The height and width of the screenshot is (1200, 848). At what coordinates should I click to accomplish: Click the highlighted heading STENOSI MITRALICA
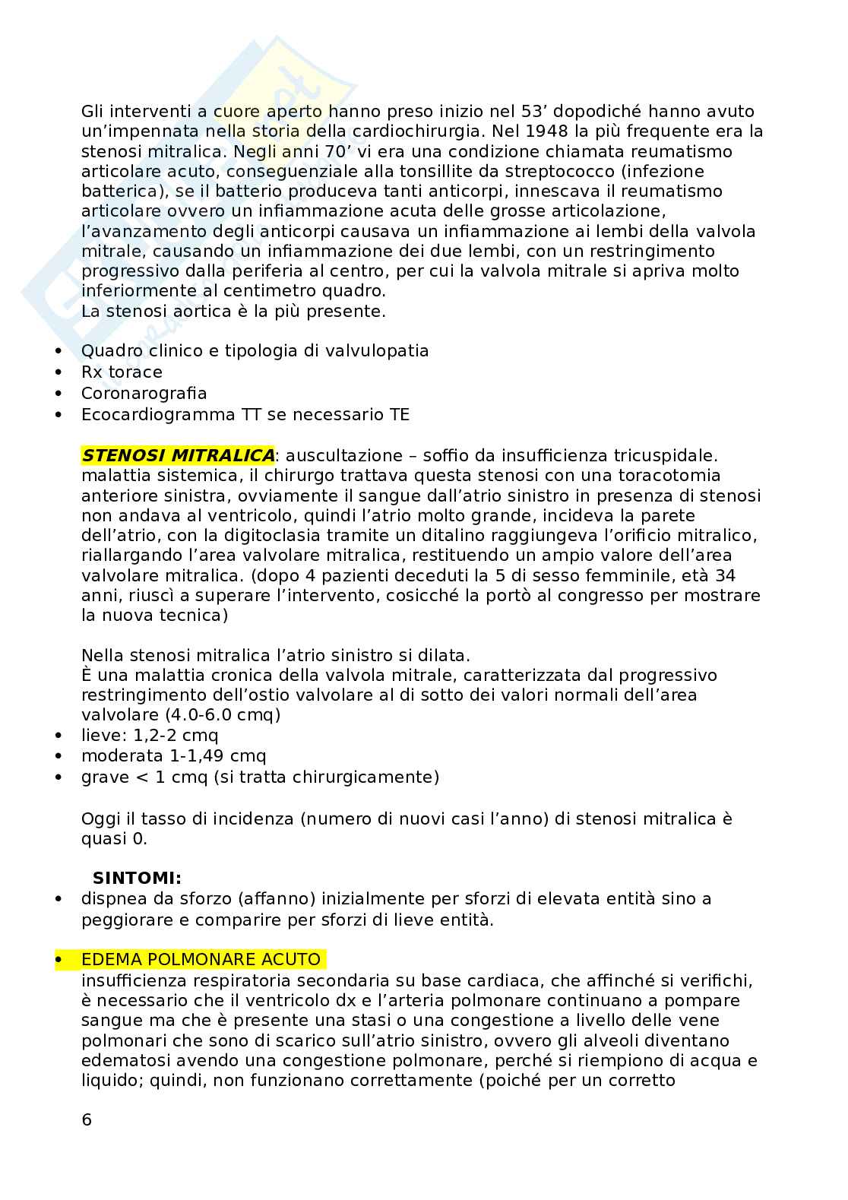click(x=179, y=456)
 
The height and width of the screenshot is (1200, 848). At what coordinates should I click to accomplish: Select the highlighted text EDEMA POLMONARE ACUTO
click(x=201, y=960)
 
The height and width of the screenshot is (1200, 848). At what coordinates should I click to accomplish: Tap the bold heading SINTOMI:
click(x=138, y=879)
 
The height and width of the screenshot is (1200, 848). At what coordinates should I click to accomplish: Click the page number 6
click(x=87, y=1120)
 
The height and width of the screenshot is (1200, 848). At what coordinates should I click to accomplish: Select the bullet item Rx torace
click(x=122, y=372)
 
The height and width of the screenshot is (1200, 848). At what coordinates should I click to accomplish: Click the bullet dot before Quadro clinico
click(x=59, y=352)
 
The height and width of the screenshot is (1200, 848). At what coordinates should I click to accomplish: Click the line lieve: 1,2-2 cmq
click(x=150, y=736)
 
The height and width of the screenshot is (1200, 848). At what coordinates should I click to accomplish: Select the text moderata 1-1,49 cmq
click(x=174, y=756)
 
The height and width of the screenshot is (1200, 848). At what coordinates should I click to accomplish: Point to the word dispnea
click(x=112, y=899)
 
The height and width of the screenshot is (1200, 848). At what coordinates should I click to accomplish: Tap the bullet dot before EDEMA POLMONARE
click(x=59, y=961)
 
